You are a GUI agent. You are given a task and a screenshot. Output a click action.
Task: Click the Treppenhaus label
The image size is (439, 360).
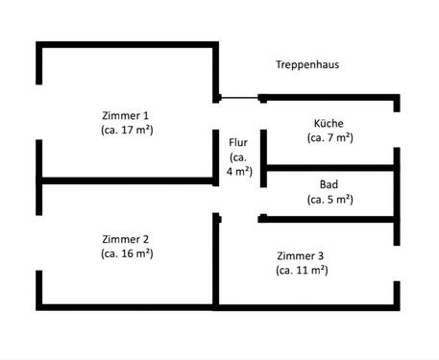coord(308,66)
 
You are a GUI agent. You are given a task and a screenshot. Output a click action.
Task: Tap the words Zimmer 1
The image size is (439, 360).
coord(127,113)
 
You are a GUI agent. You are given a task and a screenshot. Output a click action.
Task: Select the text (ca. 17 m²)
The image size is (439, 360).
coord(127,128)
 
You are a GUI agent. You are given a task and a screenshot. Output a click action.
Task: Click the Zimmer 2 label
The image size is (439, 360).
coord(126,239)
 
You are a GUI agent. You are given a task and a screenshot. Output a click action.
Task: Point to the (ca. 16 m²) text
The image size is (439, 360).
coord(126,253)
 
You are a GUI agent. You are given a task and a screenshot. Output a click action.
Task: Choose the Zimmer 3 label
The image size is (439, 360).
coord(301,256)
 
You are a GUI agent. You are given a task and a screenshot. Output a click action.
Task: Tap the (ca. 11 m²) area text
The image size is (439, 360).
coord(301,271)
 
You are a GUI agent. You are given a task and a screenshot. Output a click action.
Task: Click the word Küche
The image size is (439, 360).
coord(329,124)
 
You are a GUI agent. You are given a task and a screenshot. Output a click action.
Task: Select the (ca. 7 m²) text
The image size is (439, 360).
coord(329,138)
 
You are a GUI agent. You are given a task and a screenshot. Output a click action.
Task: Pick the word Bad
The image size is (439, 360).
coord(329,184)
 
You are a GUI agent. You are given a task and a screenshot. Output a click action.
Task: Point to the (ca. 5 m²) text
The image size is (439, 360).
coord(329,200)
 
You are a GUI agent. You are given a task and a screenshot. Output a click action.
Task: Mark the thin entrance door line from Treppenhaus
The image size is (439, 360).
coord(239,97)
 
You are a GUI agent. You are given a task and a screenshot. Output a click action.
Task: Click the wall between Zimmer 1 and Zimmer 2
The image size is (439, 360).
coord(125,180)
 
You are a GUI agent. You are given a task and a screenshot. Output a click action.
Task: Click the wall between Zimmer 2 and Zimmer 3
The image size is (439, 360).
coord(215,259)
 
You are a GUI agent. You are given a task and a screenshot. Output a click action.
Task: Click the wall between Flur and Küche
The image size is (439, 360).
coord(262,134)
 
